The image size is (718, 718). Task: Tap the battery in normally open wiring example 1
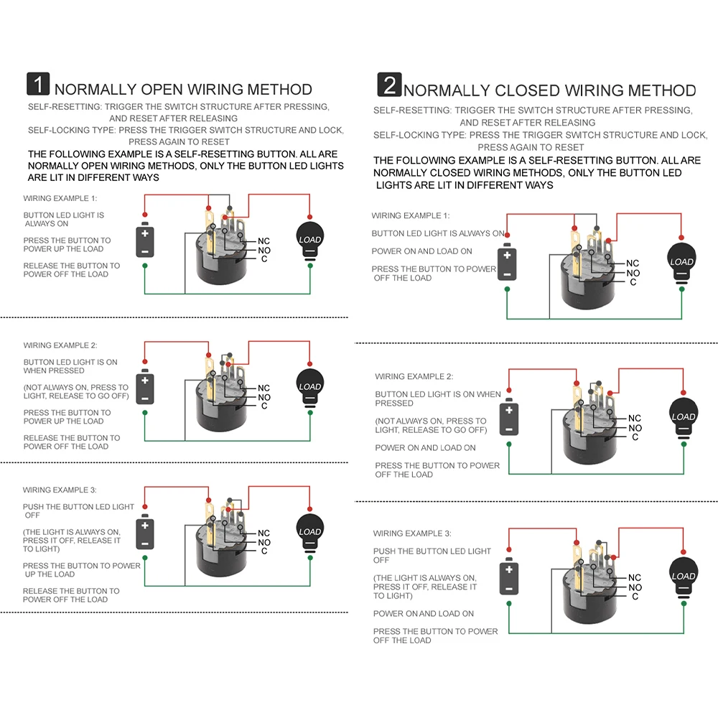(x=145, y=241)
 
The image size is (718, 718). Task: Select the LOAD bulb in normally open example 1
(x=309, y=240)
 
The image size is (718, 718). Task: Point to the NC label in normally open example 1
(x=264, y=241)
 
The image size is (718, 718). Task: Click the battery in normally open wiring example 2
(x=145, y=388)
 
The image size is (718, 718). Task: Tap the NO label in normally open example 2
(x=264, y=397)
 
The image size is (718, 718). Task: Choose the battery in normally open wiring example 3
(x=145, y=533)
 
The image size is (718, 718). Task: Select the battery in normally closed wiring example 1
(x=507, y=263)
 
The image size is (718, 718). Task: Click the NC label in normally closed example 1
(x=633, y=264)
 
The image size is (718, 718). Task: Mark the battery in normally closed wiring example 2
(x=508, y=419)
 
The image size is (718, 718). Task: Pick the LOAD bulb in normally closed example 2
(x=683, y=417)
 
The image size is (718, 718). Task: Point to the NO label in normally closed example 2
(x=635, y=428)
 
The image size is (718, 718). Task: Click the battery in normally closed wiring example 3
(x=508, y=577)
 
